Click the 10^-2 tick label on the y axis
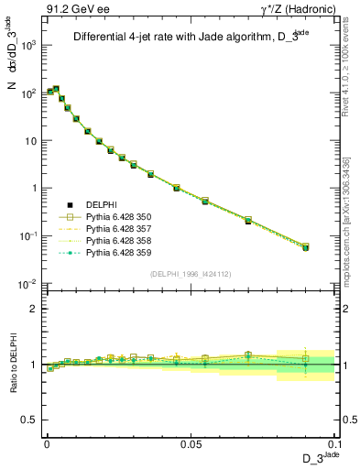coord(27,283)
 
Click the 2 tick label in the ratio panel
coord(34,309)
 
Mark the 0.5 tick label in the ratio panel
coord(30,420)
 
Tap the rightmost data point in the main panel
coord(306,247)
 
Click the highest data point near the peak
coord(56,89)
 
